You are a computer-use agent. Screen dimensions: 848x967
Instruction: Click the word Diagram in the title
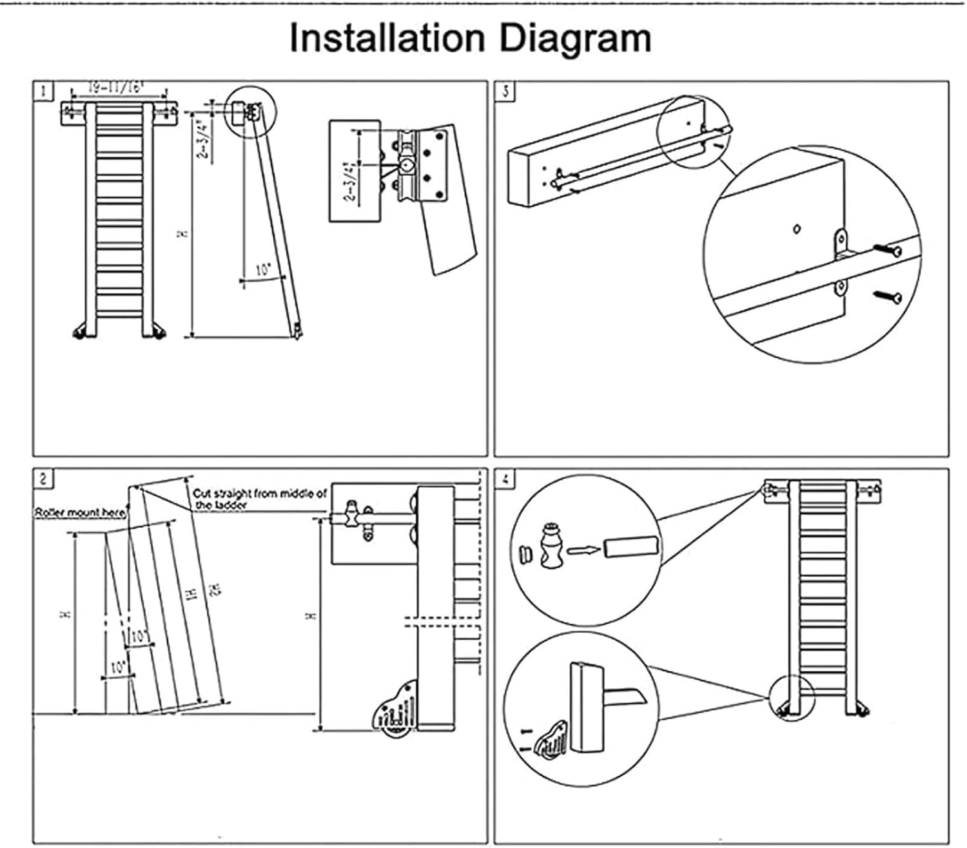pyautogui.click(x=575, y=39)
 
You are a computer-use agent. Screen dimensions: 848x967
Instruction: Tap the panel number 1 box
pyautogui.click(x=43, y=91)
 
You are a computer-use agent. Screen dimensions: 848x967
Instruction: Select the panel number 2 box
pyautogui.click(x=43, y=479)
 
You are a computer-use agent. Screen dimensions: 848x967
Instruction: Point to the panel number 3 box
pyautogui.click(x=505, y=91)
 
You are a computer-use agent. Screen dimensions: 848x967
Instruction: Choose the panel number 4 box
pyautogui.click(x=505, y=479)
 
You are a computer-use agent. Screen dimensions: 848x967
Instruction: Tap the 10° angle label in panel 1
pyautogui.click(x=262, y=271)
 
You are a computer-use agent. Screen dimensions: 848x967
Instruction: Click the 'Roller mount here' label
pyautogui.click(x=80, y=513)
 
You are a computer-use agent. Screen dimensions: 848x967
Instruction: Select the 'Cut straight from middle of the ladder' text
pyautogui.click(x=259, y=499)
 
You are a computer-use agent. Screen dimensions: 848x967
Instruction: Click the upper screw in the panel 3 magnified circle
pyautogui.click(x=888, y=250)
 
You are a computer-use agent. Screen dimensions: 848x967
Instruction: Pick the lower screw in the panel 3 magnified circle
pyautogui.click(x=888, y=296)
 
